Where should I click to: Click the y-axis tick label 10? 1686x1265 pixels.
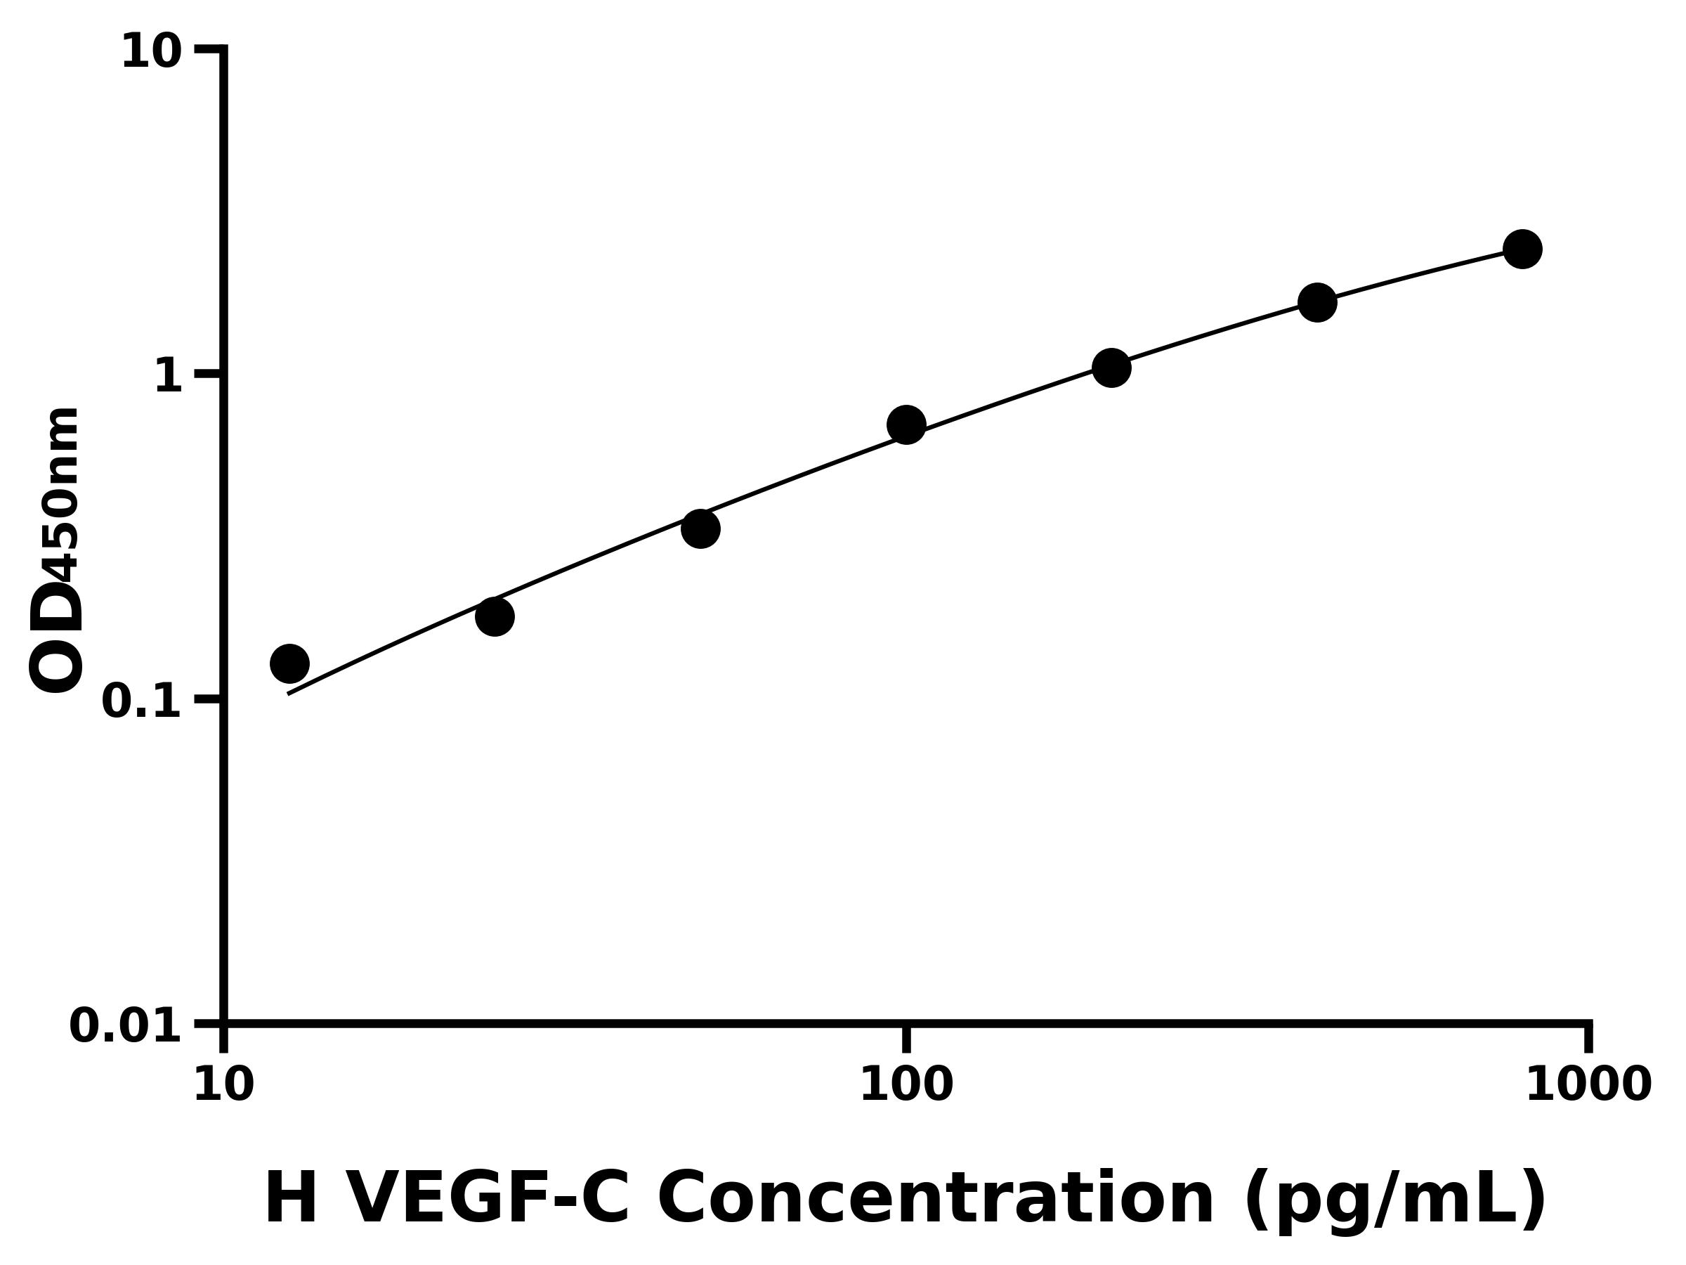point(152,53)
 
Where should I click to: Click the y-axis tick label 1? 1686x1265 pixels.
point(169,377)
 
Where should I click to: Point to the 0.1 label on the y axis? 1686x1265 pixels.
point(142,701)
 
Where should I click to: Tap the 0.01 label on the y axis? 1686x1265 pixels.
point(126,1026)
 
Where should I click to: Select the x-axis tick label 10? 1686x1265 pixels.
point(223,1085)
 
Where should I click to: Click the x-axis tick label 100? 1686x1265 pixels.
point(906,1085)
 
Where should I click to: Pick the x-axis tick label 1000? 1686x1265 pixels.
point(1588,1085)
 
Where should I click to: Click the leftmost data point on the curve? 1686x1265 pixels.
point(289,663)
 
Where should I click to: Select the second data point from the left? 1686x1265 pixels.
point(495,616)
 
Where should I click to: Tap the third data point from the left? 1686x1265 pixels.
point(700,528)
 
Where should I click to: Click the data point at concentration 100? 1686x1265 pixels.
point(906,424)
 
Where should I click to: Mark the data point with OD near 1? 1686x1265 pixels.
point(1111,368)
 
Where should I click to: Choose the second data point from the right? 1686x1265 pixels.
point(1317,303)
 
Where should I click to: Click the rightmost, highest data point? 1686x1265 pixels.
point(1523,249)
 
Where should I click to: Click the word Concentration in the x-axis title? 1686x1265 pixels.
point(936,1200)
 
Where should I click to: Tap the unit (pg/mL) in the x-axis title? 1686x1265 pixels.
point(1395,1201)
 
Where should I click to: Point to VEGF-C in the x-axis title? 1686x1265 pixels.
point(488,1200)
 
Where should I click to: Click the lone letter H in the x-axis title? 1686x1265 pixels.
point(290,1200)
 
